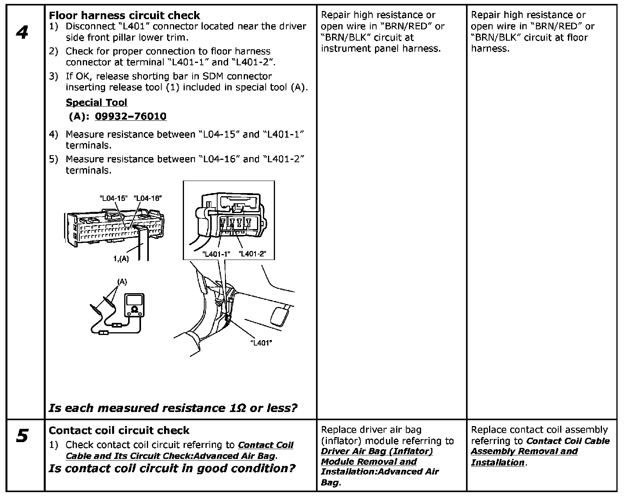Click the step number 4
pos(22,32)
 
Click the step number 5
pos(22,435)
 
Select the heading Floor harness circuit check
pos(124,16)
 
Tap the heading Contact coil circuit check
pos(119,430)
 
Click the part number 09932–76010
pos(130,116)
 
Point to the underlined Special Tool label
pos(96,102)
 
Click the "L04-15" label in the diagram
pos(114,198)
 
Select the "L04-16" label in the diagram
pos(148,198)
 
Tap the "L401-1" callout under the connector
pos(216,254)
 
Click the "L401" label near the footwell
pos(261,343)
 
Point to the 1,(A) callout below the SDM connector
pos(121,258)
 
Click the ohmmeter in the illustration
pos(134,305)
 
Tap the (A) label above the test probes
pos(122,282)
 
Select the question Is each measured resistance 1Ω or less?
pos(173,408)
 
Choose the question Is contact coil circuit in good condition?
pos(172,468)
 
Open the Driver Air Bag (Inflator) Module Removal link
pos(377,457)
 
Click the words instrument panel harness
pos(380,48)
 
